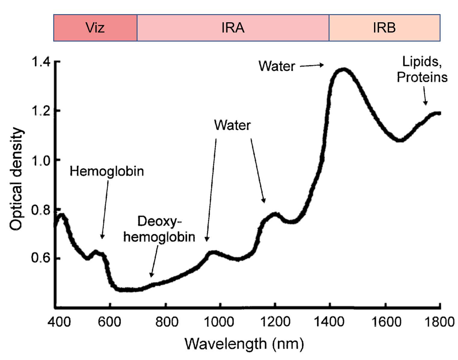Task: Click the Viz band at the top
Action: [x=95, y=28]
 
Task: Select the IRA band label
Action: [x=233, y=28]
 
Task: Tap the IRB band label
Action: [x=384, y=28]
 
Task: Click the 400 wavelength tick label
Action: [x=59, y=322]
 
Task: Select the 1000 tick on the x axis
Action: [x=219, y=322]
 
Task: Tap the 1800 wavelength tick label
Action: [x=439, y=322]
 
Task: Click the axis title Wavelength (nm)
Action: [x=244, y=344]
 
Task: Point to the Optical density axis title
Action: [x=16, y=179]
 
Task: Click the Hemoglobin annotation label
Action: [x=107, y=171]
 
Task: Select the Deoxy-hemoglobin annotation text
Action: [x=159, y=229]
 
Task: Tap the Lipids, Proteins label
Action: [x=422, y=70]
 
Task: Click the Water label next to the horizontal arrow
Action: [x=277, y=66]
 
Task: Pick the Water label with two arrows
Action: [x=232, y=125]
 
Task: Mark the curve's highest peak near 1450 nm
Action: [x=343, y=70]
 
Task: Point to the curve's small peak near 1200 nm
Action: [x=274, y=214]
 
